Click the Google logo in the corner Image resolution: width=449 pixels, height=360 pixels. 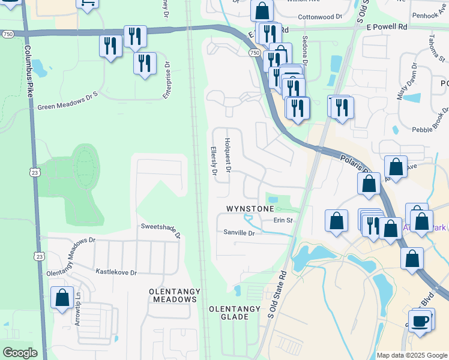tap(19, 353)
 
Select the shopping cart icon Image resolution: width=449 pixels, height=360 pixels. tap(87, 2)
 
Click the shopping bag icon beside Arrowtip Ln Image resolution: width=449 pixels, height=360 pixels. tap(62, 297)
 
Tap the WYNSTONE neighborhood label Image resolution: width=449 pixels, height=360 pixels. tap(250, 208)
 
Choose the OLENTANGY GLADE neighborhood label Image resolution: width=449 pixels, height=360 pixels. tap(234, 313)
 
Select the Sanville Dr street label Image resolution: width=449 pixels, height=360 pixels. tap(239, 232)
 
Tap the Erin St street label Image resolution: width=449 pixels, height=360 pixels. tap(283, 220)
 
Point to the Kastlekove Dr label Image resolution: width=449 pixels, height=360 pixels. tap(116, 272)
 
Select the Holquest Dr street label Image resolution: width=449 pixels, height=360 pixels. tap(228, 155)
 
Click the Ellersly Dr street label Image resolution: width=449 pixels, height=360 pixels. tap(214, 161)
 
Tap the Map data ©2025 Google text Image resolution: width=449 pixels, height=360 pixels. tap(411, 355)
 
